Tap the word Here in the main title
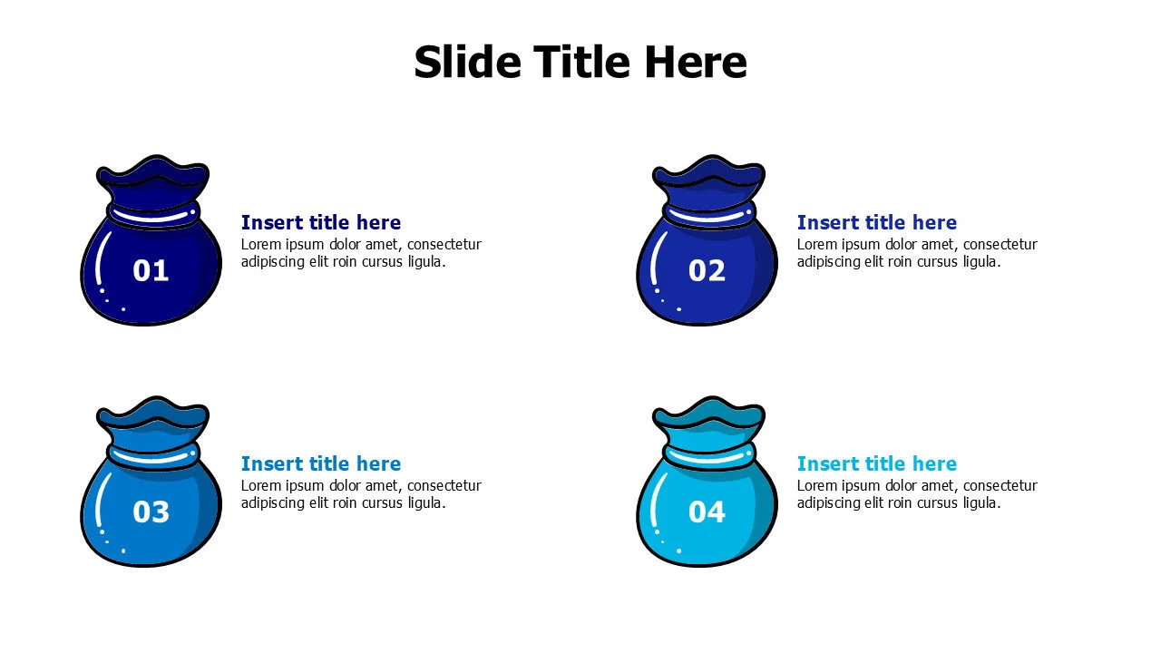696,63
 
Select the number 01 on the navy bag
151,270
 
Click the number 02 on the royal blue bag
707,270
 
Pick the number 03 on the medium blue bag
151,512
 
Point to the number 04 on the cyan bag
707,512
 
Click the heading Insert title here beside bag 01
321,222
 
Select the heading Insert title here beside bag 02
877,222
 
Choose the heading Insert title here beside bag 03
321,463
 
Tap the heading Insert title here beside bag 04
877,463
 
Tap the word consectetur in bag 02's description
1000,244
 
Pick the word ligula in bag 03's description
423,503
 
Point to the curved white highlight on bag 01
97,258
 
